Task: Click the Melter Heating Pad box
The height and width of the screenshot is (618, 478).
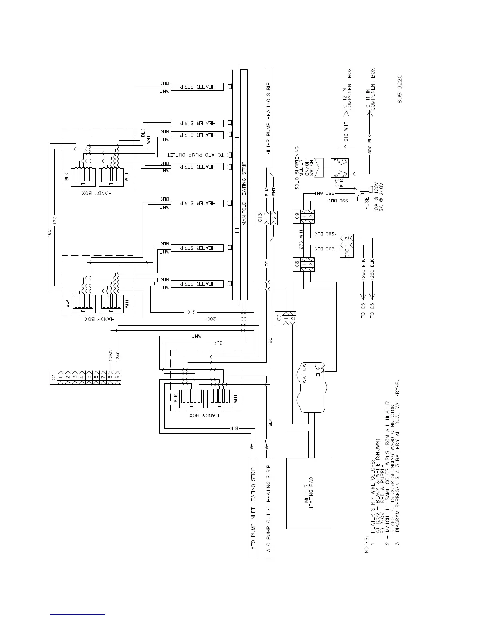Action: click(x=309, y=493)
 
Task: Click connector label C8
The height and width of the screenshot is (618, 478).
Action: click(x=298, y=264)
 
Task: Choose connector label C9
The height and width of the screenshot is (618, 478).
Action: click(x=298, y=217)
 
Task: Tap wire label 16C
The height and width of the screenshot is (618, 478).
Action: click(x=50, y=233)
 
